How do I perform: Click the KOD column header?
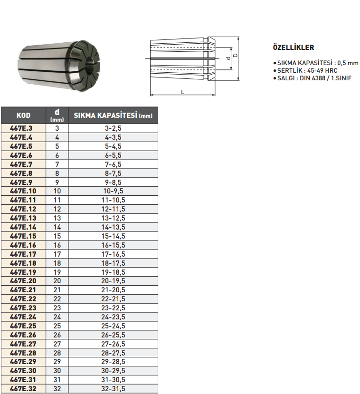23,115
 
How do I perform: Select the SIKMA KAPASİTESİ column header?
113,115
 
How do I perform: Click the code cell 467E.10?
23,191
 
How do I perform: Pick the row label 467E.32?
23,389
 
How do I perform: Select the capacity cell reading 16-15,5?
113,245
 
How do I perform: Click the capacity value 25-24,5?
113,326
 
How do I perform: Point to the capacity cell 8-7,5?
113,173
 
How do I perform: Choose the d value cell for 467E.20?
57,281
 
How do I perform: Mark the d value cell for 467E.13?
57,218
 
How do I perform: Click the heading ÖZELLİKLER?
293,48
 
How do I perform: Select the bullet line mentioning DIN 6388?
314,77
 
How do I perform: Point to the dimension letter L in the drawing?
183,92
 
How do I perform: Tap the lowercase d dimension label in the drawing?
228,58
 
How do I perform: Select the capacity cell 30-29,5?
113,371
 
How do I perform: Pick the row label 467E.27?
23,344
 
